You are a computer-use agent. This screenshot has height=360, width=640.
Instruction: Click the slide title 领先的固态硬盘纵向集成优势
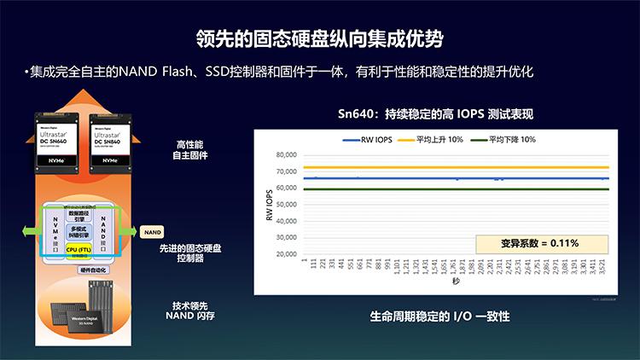click(319, 39)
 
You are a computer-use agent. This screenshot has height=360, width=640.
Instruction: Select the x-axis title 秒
click(456, 282)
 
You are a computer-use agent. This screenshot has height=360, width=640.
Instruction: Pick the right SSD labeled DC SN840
click(113, 140)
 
